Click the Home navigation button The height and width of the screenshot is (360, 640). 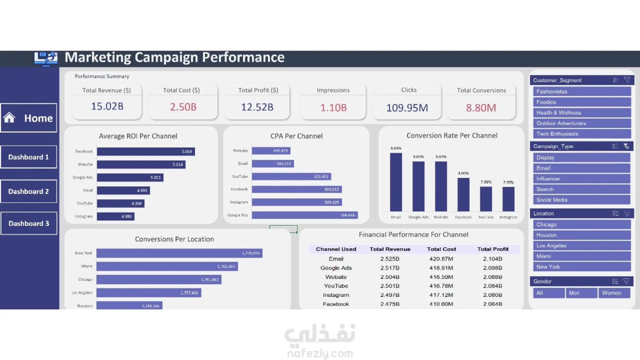29,118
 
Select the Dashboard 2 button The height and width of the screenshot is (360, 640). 29,191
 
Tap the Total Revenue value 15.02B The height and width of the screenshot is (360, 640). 107,106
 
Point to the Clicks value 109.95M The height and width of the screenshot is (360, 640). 407,108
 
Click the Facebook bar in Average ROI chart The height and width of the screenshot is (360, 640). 146,151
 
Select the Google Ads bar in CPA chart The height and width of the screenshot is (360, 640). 305,215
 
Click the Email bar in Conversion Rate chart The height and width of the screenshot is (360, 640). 396,182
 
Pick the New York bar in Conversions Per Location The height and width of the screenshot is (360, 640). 179,253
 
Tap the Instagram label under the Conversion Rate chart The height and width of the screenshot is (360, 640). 508,217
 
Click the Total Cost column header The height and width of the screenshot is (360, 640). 441,249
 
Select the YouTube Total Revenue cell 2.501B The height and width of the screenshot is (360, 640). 390,286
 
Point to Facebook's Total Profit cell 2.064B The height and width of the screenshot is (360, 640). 492,304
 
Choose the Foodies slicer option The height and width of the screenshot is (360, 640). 582,102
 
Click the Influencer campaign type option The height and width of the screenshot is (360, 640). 582,179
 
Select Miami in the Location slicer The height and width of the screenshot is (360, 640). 582,256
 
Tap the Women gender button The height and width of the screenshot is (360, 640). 614,293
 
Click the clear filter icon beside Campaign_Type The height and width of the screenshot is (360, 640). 626,146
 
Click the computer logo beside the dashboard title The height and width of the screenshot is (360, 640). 46,58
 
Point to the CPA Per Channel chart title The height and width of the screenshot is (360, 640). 296,136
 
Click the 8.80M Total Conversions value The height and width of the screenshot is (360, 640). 481,108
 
